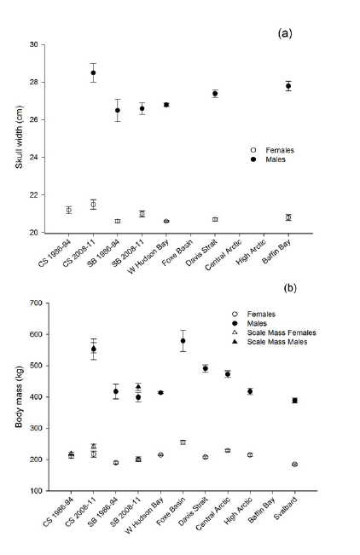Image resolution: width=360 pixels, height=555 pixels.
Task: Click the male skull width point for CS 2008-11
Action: point(93,72)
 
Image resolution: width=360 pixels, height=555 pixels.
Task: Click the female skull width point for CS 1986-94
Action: point(68,210)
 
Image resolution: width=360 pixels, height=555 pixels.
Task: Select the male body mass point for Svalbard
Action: point(318,401)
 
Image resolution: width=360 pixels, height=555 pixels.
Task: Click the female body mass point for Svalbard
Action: point(318,465)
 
